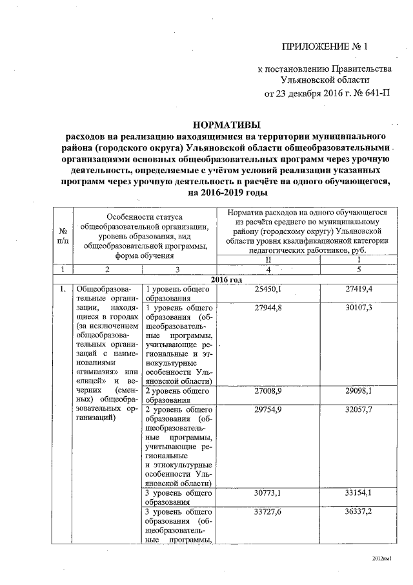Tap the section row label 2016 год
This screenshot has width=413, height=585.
coord(227,279)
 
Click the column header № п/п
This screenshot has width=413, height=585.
coord(63,236)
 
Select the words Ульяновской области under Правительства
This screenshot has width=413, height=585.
coord(325,80)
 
